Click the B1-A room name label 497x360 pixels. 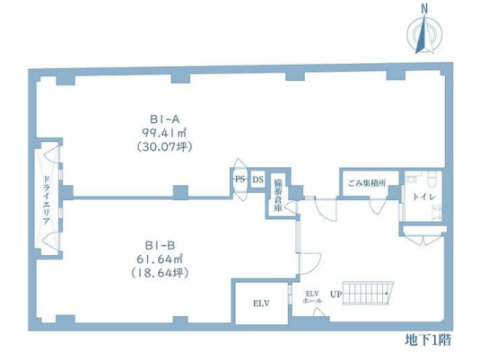pyautogui.click(x=165, y=119)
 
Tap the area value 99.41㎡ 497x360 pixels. pyautogui.click(x=164, y=133)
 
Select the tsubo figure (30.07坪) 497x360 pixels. pyautogui.click(x=164, y=147)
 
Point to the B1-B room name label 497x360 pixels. pyautogui.click(x=160, y=245)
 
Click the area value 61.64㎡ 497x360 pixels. pyautogui.click(x=160, y=259)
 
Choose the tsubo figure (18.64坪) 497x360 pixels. pyautogui.click(x=160, y=273)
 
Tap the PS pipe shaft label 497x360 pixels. pyautogui.click(x=240, y=180)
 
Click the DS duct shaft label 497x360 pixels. pyautogui.click(x=258, y=180)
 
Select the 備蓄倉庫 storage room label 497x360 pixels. pyautogui.click(x=278, y=196)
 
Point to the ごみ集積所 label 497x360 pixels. pyautogui.click(x=367, y=183)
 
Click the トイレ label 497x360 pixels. pyautogui.click(x=424, y=197)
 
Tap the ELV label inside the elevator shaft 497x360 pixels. pyautogui.click(x=261, y=303)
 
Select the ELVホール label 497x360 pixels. pyautogui.click(x=312, y=297)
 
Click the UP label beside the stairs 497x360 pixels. pyautogui.click(x=336, y=294)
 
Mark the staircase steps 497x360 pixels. pyautogui.click(x=368, y=293)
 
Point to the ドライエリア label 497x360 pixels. pyautogui.click(x=47, y=200)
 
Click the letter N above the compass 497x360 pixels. pyautogui.click(x=424, y=9)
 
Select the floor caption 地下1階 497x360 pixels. pyautogui.click(x=428, y=340)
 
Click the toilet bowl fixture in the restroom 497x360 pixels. pyautogui.click(x=432, y=180)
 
